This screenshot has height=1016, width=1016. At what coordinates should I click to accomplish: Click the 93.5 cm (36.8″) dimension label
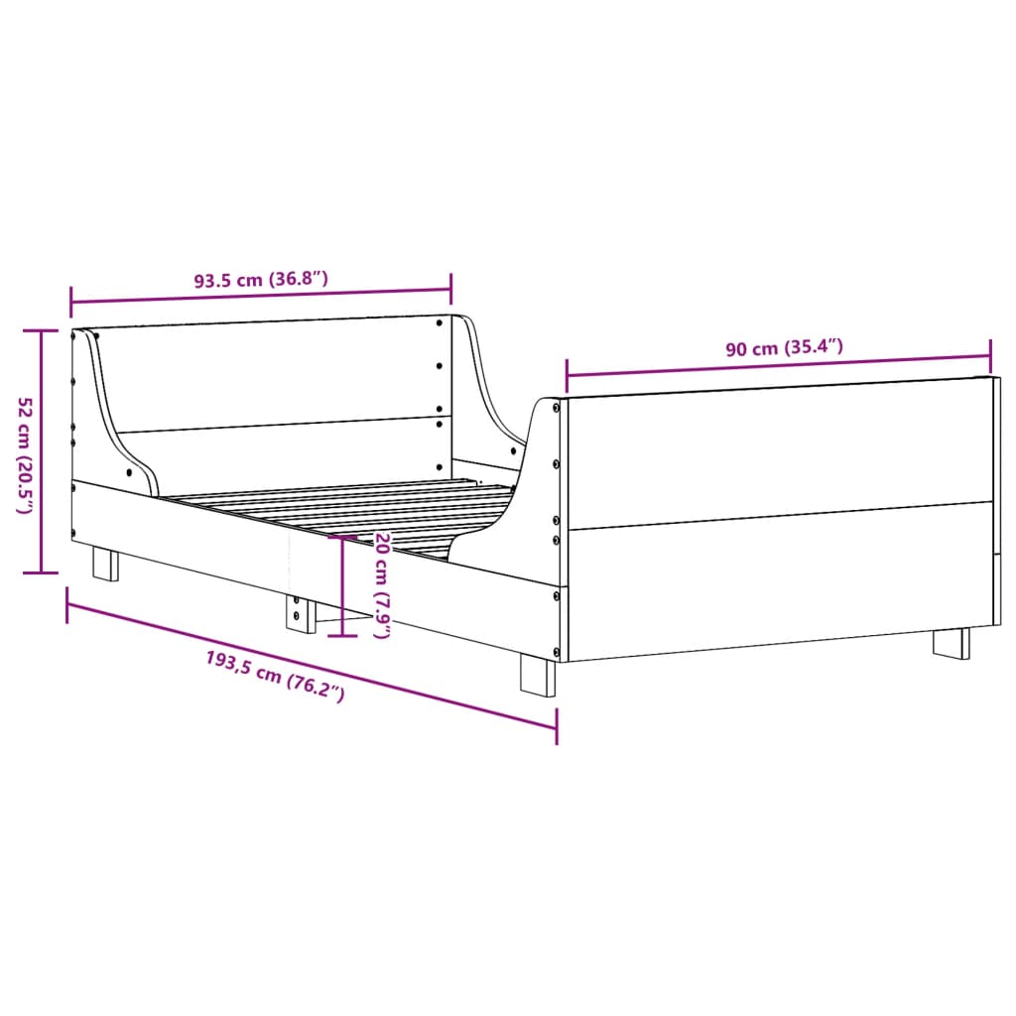point(260,281)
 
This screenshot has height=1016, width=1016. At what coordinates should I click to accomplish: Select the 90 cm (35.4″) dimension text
point(784,348)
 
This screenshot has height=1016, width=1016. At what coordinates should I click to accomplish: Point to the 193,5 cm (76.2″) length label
point(275,676)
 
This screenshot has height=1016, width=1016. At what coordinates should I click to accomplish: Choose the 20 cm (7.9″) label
point(381,585)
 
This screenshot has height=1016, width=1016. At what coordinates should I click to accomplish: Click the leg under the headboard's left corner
point(105,564)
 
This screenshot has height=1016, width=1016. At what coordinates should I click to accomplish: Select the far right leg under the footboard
point(952,641)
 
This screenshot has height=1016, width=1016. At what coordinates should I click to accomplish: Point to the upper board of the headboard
point(278,375)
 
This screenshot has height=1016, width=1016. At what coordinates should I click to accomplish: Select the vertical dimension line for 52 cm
point(41,451)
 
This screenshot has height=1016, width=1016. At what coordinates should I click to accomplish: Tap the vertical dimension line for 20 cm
point(342,585)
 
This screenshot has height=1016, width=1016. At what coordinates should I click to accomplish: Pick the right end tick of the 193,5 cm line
point(556,727)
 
